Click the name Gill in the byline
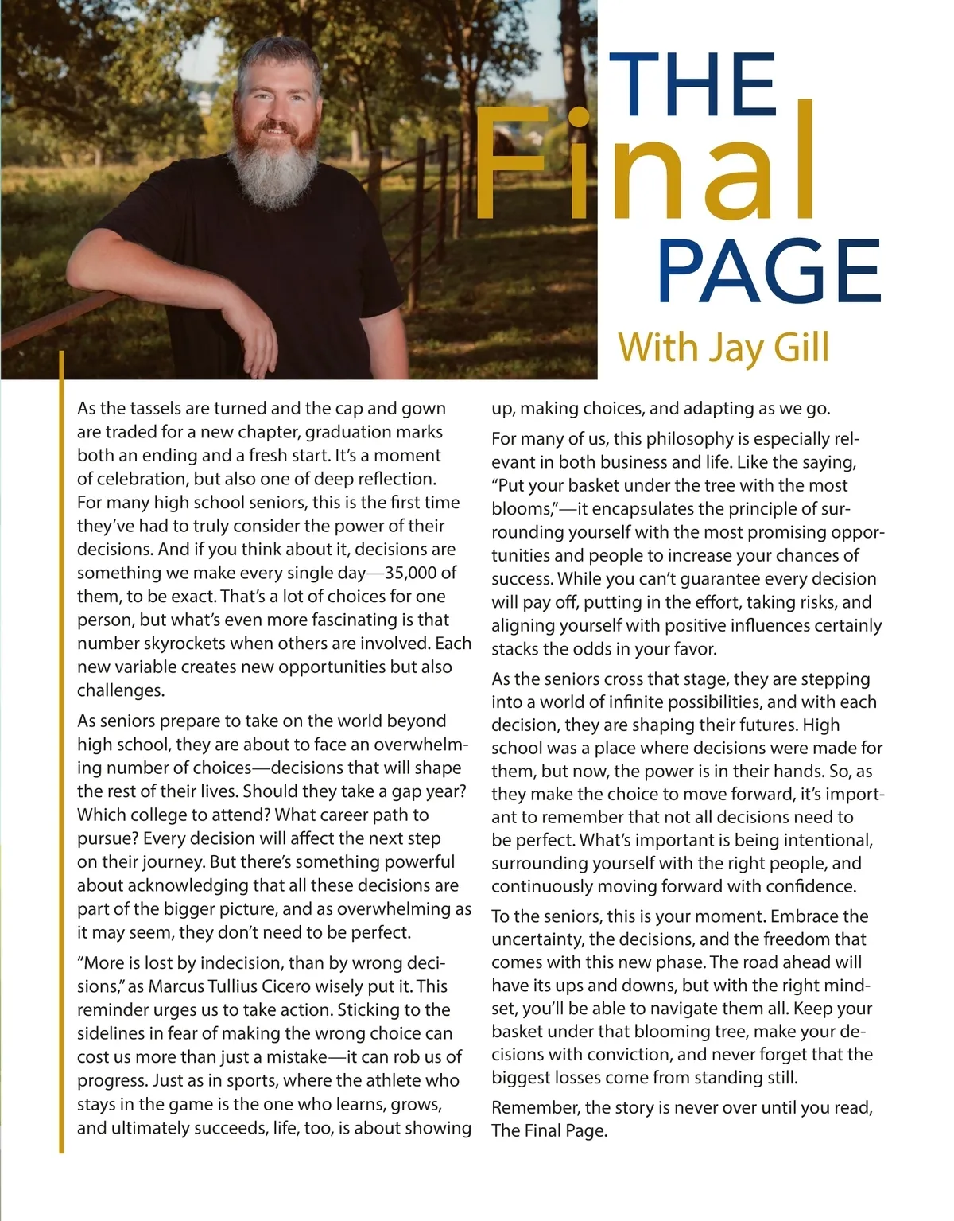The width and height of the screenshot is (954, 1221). (800, 348)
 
